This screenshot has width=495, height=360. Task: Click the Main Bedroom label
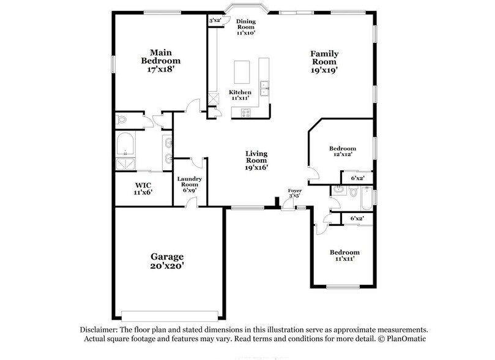pos(160,61)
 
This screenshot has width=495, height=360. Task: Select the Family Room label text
pos(324,62)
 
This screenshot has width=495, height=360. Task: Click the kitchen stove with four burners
pos(246,112)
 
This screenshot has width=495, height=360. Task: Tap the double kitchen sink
pos(264,88)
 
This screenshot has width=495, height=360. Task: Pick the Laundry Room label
pos(188,184)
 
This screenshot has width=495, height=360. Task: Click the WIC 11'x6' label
pos(143,188)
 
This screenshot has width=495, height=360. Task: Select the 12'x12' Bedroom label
pos(342,152)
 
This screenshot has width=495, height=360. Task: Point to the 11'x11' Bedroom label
pos(344,256)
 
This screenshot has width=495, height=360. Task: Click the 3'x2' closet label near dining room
pos(215,21)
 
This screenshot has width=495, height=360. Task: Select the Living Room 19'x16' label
pos(257,160)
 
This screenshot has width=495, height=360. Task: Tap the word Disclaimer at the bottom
pos(99,329)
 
